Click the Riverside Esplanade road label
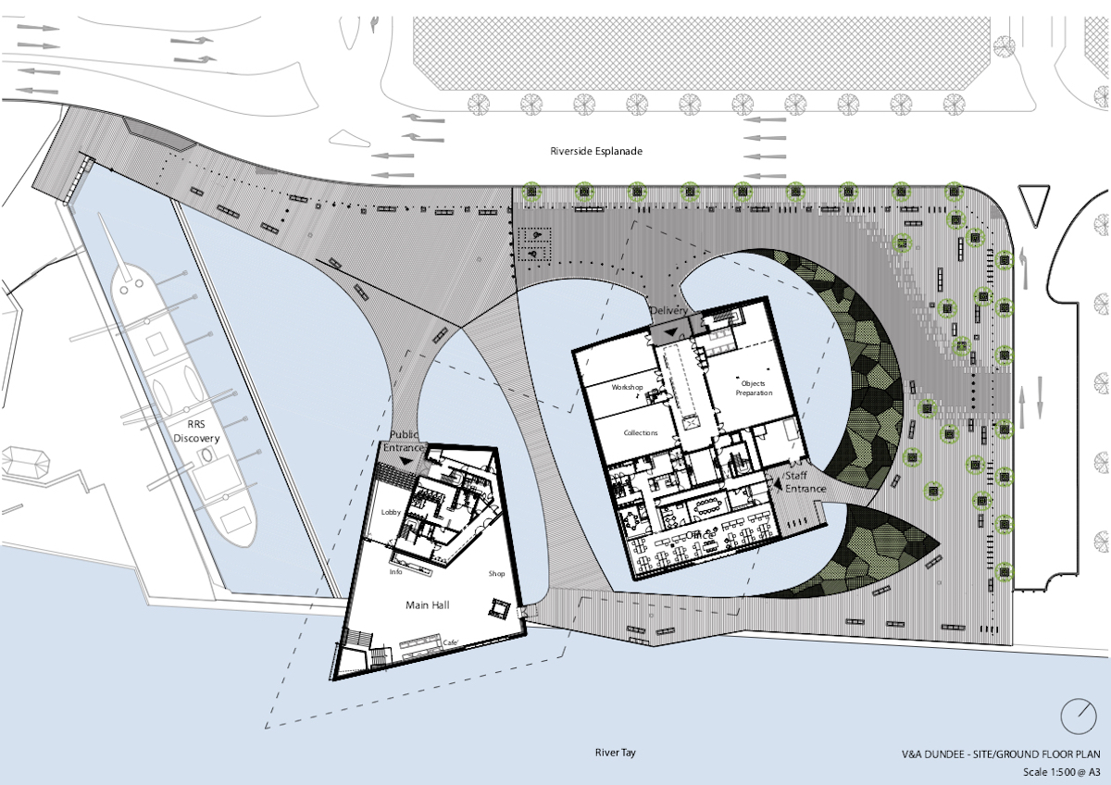pyautogui.click(x=595, y=150)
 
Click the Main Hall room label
pyautogui.click(x=428, y=604)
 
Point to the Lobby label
pyautogui.click(x=390, y=512)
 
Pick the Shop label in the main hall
pyautogui.click(x=497, y=574)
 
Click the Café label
pyautogui.click(x=451, y=642)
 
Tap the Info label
pyautogui.click(x=394, y=571)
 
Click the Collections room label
pyautogui.click(x=640, y=432)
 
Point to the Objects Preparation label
pyautogui.click(x=753, y=388)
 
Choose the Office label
pyautogui.click(x=703, y=535)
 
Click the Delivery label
pyautogui.click(x=668, y=310)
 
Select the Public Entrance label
pyautogui.click(x=405, y=441)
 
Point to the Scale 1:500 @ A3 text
pyautogui.click(x=1061, y=771)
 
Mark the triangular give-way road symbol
pyautogui.click(x=1030, y=202)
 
